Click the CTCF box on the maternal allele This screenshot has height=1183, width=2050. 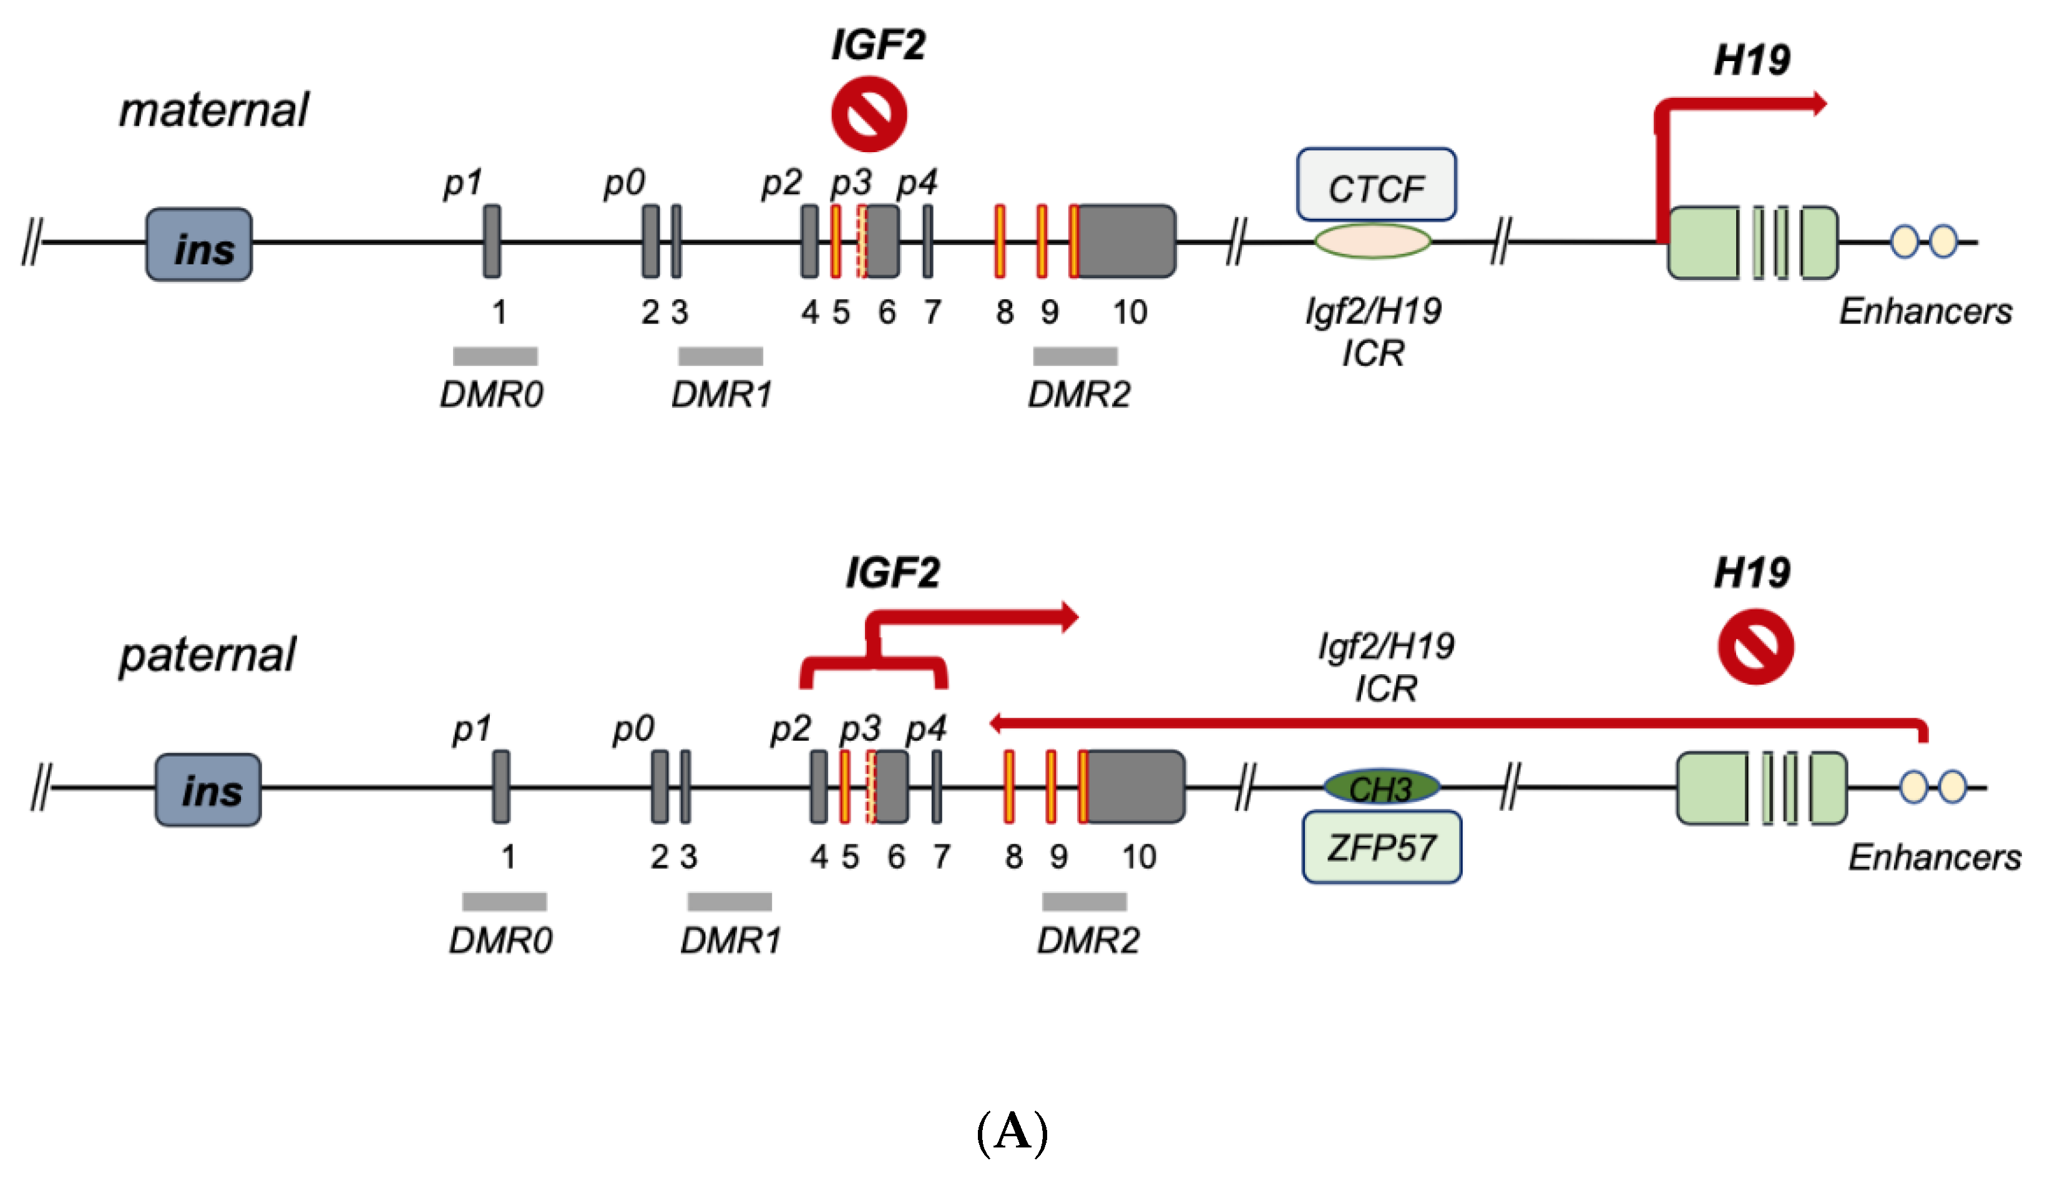pos(1376,185)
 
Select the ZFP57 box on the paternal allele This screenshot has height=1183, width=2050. pos(1382,847)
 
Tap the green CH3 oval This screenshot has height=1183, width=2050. pos(1382,786)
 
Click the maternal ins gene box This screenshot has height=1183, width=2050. pos(199,244)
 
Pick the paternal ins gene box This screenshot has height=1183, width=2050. pos(208,789)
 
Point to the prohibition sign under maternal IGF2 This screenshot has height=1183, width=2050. pos(869,113)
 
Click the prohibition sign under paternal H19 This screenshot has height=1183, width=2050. pos(1755,647)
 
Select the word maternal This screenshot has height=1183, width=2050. pos(214,110)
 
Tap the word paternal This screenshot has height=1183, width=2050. pos(207,655)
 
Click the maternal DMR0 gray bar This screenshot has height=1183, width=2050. pos(495,356)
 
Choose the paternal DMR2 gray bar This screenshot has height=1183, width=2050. pos(1085,901)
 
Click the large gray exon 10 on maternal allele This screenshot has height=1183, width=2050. pos(1126,241)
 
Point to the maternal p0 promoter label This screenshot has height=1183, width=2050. pos(624,183)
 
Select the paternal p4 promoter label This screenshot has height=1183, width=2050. pos(927,729)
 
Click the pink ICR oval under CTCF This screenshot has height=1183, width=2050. pos(1373,241)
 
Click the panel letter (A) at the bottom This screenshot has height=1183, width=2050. pos(1012,1132)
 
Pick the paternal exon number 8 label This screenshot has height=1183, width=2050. pos(1013,856)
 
